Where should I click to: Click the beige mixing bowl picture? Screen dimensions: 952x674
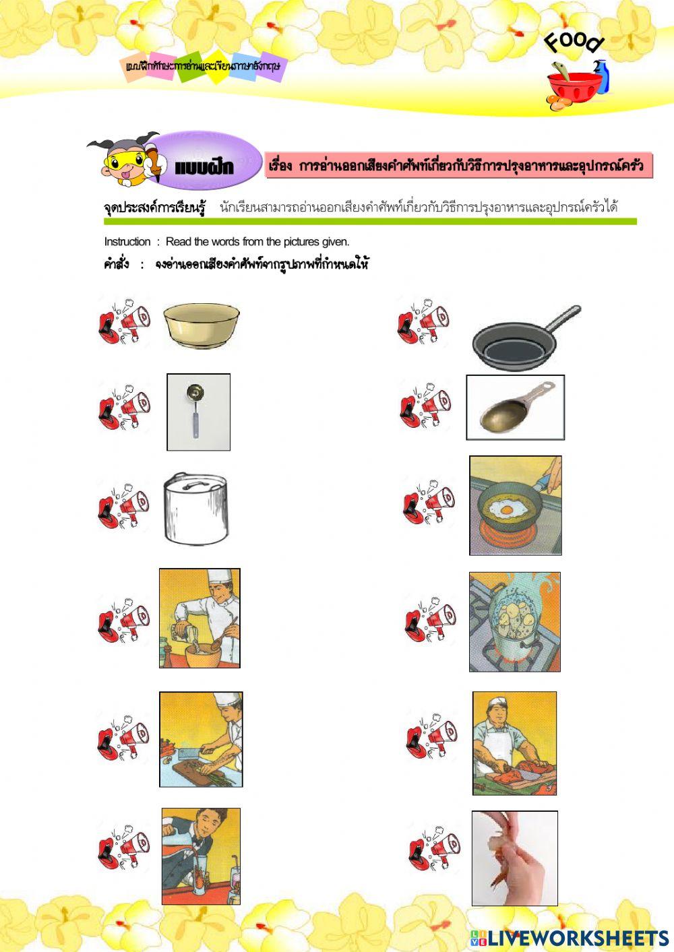[202, 325]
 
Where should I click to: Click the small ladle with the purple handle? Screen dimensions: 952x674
[197, 411]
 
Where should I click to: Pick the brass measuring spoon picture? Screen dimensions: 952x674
[516, 408]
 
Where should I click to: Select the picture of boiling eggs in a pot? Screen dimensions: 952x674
[515, 622]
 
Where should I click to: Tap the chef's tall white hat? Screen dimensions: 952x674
[220, 577]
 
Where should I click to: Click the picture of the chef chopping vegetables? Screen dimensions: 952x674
[201, 739]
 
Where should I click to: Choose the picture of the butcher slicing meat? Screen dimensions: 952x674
[514, 743]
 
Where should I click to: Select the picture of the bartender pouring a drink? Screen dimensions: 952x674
[201, 856]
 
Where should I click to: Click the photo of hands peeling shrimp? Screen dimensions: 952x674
[514, 858]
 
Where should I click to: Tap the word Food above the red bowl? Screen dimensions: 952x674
[574, 42]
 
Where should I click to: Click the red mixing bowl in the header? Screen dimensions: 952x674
[573, 88]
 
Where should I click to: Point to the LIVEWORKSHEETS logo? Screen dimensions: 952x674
[570, 937]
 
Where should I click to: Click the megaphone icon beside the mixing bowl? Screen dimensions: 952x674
[125, 321]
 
